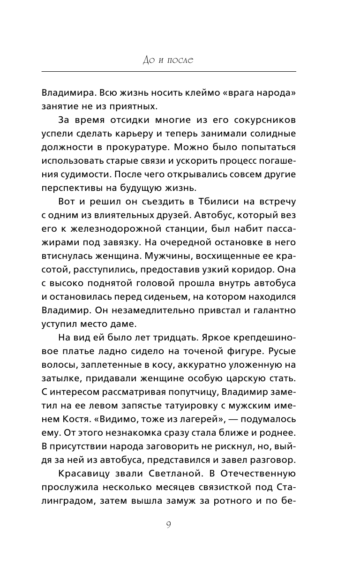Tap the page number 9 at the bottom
click(x=168, y=525)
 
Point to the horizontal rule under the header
click(x=169, y=71)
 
